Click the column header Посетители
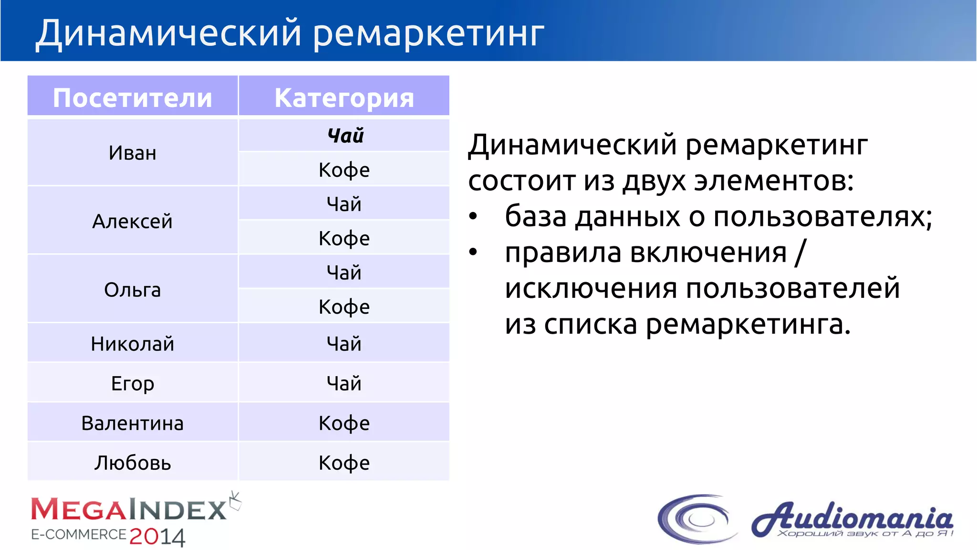coord(132,97)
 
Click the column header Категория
coord(344,97)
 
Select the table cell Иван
coord(132,153)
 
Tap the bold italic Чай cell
coord(345,136)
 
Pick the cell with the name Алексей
coord(132,221)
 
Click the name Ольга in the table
coord(132,290)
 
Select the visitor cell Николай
coord(132,344)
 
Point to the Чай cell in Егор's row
coord(344,383)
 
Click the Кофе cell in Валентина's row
coord(344,423)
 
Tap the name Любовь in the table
coord(132,463)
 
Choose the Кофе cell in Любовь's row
coord(344,463)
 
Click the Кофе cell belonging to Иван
coord(344,170)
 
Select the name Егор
coord(132,383)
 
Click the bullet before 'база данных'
coord(473,217)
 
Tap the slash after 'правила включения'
coord(800,253)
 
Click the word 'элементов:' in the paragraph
coord(773,181)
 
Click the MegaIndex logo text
coord(129,509)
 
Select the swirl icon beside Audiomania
coord(696,518)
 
